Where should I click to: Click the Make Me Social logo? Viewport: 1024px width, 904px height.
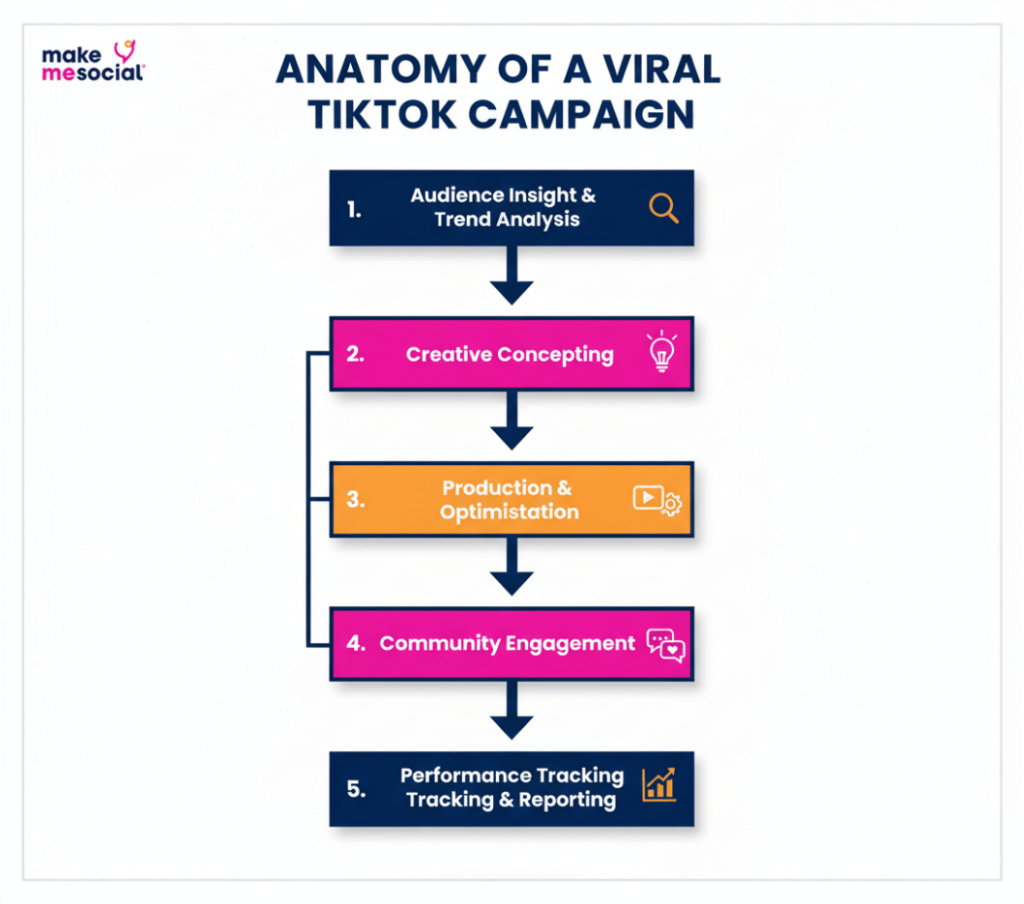93,61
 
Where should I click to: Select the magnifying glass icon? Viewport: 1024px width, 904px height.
663,208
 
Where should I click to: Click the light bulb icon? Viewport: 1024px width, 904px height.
661,353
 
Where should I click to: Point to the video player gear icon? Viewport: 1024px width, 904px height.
657,499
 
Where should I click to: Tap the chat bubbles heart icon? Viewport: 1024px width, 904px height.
665,644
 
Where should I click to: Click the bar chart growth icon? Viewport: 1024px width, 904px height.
659,785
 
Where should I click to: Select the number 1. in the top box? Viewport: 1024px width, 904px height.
354,209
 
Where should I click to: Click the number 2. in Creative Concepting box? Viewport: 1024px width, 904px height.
356,354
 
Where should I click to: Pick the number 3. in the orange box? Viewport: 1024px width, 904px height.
356,499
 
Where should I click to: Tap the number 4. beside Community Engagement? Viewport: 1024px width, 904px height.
356,644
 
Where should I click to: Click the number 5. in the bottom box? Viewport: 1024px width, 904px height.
356,788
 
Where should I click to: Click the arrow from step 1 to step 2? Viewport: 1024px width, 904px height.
512,275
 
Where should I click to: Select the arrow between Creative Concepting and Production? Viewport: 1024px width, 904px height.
512,421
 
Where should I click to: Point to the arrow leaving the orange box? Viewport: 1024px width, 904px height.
512,567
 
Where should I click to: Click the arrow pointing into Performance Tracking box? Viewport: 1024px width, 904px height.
512,711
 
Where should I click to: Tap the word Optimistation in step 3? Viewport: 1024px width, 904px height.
509,512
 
